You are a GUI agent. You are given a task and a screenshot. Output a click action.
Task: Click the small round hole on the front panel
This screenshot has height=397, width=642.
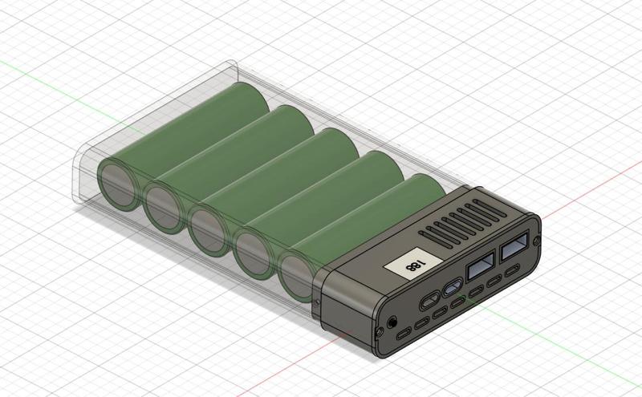click(392, 321)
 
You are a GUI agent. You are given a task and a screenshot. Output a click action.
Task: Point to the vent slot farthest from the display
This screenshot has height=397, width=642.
click(490, 207)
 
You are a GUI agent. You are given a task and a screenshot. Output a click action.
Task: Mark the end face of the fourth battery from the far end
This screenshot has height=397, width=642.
click(253, 250)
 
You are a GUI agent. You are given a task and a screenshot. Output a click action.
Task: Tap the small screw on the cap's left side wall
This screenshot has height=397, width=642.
click(320, 302)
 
